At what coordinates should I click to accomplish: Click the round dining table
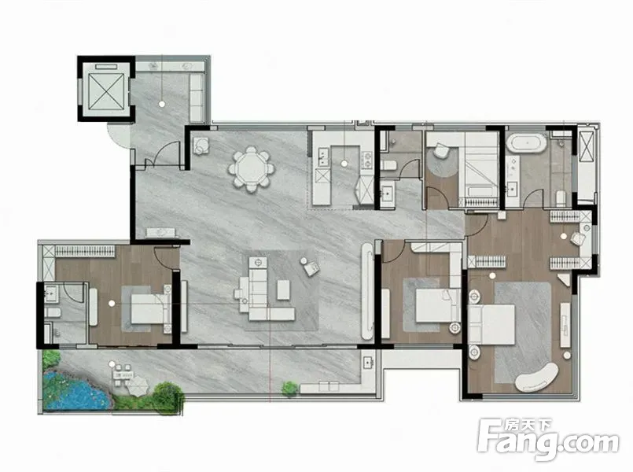[251, 168]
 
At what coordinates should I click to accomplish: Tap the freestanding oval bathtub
[527, 143]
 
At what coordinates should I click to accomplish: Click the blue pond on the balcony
[75, 391]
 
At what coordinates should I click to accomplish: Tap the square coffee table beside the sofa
[283, 290]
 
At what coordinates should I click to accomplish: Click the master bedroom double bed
[491, 325]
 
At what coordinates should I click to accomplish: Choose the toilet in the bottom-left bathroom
[53, 312]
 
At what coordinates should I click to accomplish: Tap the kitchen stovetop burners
[367, 159]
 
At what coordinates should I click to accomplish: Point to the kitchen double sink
[323, 157]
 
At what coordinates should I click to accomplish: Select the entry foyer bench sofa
[197, 98]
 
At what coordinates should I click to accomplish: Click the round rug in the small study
[443, 161]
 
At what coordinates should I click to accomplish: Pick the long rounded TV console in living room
[367, 291]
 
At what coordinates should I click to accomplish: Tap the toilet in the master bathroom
[561, 197]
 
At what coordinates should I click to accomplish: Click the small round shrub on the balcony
[290, 389]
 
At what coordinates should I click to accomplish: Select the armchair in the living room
[310, 267]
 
